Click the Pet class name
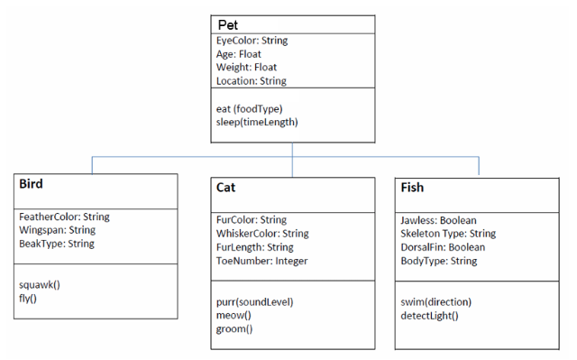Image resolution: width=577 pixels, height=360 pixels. click(228, 23)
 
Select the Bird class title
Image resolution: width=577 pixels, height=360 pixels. click(32, 184)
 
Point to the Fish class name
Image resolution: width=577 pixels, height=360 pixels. click(412, 188)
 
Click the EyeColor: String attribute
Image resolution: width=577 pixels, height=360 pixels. click(252, 41)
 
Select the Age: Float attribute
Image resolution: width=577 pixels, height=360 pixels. click(238, 54)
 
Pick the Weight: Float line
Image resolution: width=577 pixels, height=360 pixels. click(246, 68)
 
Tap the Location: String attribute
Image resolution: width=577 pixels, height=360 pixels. click(251, 81)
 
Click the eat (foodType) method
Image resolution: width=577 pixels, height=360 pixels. click(249, 108)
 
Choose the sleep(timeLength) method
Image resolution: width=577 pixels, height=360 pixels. click(257, 122)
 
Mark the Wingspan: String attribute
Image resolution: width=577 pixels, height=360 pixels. click(57, 230)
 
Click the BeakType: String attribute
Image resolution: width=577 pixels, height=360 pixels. click(56, 244)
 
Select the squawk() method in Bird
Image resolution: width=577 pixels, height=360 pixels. click(40, 284)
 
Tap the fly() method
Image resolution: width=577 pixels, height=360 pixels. click(28, 298)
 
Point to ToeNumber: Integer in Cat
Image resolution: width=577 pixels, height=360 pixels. click(261, 261)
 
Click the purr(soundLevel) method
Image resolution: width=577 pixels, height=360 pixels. click(255, 301)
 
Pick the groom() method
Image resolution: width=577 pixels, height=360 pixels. click(234, 328)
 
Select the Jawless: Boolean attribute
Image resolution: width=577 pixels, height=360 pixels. click(438, 220)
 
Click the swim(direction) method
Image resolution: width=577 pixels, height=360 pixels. click(435, 301)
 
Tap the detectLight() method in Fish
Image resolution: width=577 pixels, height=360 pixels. click(429, 315)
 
